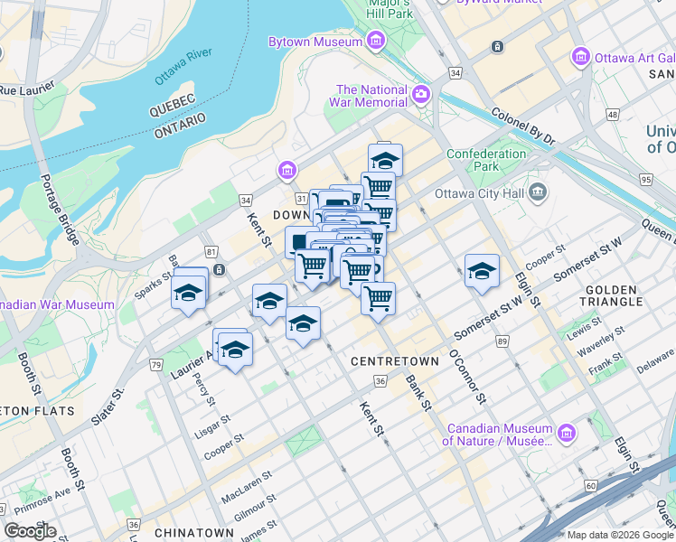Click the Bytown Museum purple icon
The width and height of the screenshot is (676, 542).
375,42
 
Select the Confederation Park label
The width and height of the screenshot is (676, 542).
486,160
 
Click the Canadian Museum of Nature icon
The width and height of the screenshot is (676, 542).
567,435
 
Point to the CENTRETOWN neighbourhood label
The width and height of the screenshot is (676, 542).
394,361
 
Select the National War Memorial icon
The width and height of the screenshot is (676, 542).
421,95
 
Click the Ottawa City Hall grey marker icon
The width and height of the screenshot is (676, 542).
539,192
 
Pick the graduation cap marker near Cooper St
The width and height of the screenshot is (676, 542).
482,270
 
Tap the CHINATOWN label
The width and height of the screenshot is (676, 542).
187,534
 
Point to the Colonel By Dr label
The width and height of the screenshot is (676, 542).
521,127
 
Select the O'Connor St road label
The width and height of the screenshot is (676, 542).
469,377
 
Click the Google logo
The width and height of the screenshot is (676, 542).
30,531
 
